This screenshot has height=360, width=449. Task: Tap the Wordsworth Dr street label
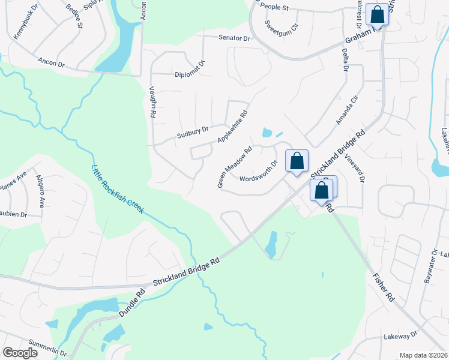(259, 172)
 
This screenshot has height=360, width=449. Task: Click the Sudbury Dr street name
(192, 129)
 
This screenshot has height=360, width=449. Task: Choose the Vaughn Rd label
(153, 101)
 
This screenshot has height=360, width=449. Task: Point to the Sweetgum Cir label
(282, 26)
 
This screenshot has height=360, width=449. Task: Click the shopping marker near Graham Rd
(377, 14)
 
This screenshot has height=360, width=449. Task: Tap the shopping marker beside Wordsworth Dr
(297, 161)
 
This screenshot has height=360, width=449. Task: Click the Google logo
(20, 353)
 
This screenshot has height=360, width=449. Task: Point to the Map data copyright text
(423, 355)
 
